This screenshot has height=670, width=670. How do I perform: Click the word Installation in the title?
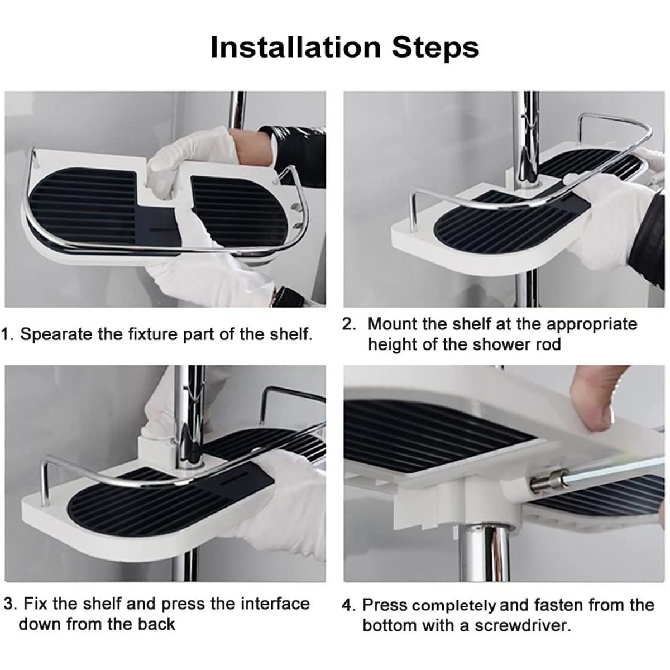click(x=296, y=47)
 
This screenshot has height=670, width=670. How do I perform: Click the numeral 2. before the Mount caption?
click(x=349, y=324)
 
